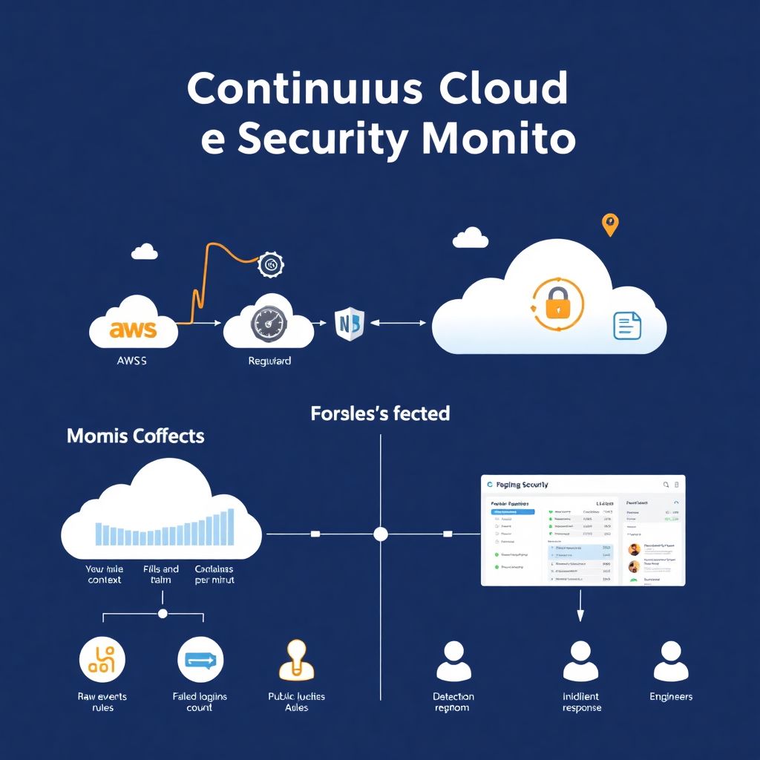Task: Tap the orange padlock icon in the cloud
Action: (557, 304)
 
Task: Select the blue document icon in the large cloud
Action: (626, 326)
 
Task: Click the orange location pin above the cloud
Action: (609, 224)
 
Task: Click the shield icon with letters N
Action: (348, 324)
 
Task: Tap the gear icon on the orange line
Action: (271, 264)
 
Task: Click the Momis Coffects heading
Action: (135, 436)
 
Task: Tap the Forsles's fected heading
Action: (380, 413)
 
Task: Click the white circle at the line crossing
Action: (381, 534)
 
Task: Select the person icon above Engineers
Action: (670, 661)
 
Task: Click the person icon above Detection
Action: (453, 661)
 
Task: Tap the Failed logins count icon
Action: (200, 658)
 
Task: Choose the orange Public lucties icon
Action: (296, 660)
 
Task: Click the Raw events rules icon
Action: (102, 658)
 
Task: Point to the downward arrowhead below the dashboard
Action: (580, 615)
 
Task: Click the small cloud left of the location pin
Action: (471, 238)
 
